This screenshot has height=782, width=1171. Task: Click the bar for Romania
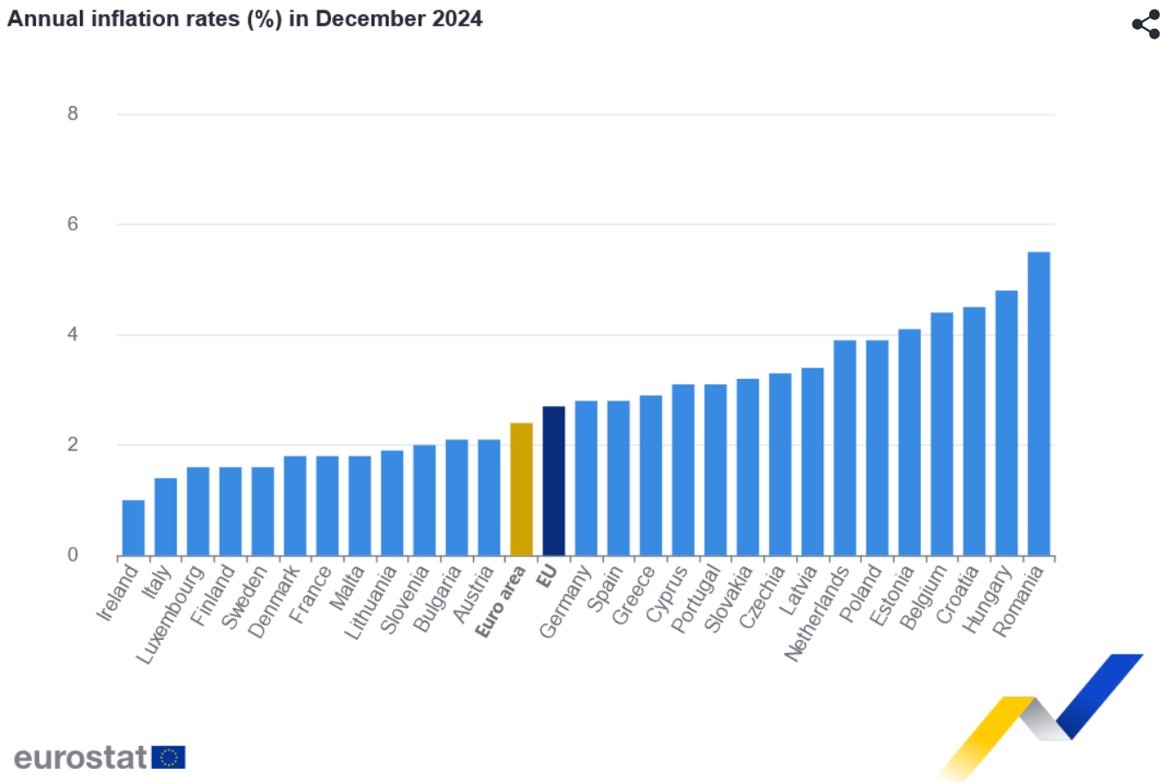click(1038, 404)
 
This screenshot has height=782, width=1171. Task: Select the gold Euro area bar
click(521, 489)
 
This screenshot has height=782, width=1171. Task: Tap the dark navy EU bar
click(554, 481)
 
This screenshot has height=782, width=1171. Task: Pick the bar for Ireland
click(133, 527)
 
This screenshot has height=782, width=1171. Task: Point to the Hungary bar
click(1006, 423)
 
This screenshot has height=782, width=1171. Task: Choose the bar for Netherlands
click(844, 448)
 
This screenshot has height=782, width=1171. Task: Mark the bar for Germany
click(586, 478)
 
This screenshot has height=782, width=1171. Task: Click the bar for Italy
click(166, 517)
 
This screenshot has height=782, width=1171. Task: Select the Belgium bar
click(942, 434)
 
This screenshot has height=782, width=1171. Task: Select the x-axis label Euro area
click(501, 601)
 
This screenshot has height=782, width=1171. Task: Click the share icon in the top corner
click(1146, 24)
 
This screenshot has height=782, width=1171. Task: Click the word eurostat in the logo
click(81, 757)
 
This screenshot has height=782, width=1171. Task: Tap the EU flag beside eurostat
click(169, 757)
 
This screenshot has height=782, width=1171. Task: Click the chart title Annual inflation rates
click(245, 18)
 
